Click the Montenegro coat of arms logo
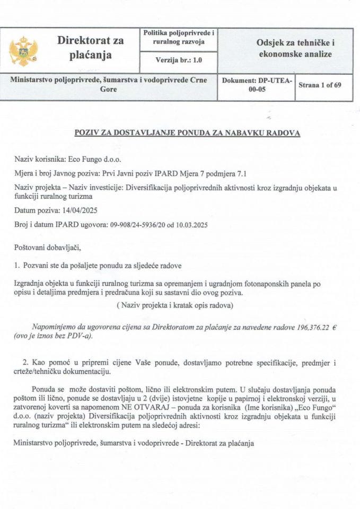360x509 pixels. click(23, 49)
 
